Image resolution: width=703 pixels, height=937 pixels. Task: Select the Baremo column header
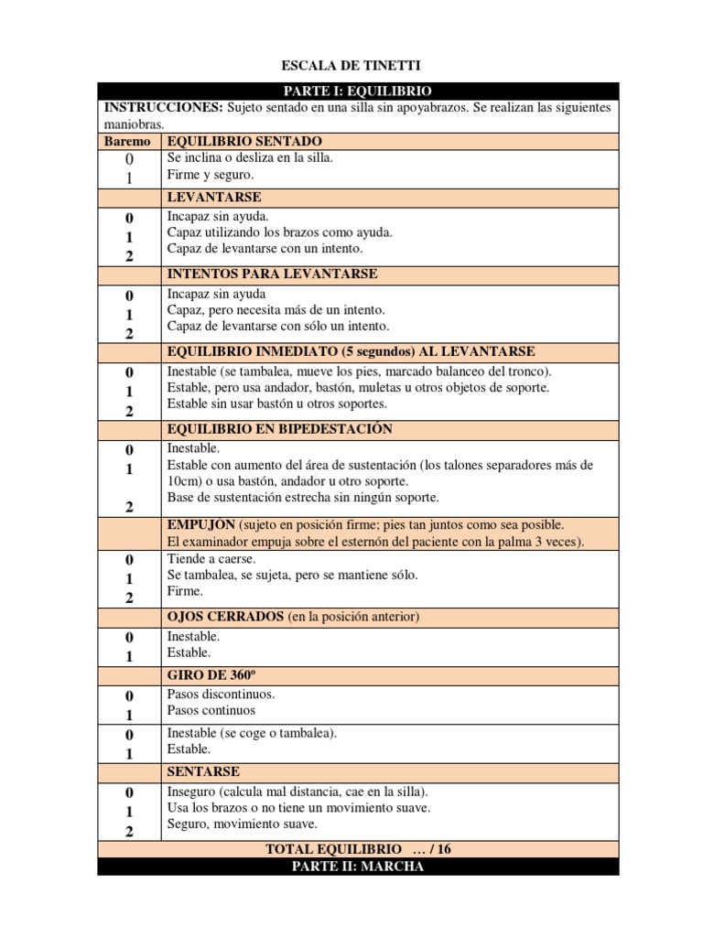[127, 142]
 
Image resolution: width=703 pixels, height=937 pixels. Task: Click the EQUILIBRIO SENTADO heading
[244, 142]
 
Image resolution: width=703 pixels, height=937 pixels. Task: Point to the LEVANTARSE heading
[214, 197]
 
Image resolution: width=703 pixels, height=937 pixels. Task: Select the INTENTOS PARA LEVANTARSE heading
[272, 275]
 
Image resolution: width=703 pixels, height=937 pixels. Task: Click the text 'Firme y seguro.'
[211, 174]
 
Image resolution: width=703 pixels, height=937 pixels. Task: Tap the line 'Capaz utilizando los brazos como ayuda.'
[280, 232]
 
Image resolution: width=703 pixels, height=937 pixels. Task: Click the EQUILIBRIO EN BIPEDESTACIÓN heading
[280, 429]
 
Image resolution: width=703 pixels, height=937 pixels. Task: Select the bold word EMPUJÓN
[201, 525]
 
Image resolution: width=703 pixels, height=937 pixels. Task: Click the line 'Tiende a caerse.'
[211, 558]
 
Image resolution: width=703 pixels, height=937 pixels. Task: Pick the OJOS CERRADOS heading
[225, 618]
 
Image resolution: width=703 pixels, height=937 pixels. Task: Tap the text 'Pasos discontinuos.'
[222, 694]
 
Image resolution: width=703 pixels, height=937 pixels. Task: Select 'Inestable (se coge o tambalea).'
[253, 733]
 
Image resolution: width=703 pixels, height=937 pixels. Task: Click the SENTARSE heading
[204, 772]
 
